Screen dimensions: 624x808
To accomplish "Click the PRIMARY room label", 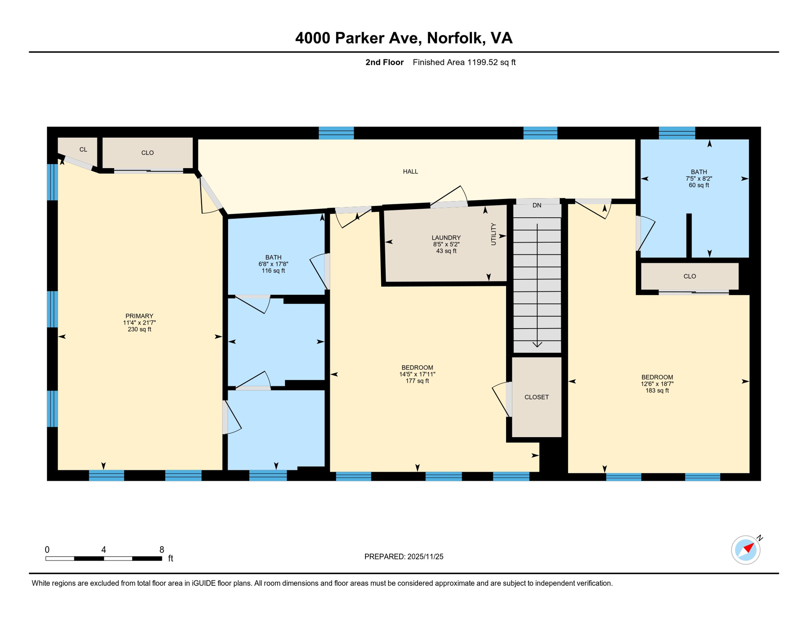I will click(x=139, y=316).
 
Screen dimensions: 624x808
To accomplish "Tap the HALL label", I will click(x=410, y=171).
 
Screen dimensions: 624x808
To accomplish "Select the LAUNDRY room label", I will click(x=446, y=238).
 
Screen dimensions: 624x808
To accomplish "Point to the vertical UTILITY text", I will click(x=493, y=234).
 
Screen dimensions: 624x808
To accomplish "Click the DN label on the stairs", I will click(x=536, y=206).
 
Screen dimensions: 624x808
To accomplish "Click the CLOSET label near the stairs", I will click(x=536, y=397).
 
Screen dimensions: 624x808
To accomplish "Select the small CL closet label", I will click(x=83, y=149).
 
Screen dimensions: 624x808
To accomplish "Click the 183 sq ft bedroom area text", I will click(x=657, y=391).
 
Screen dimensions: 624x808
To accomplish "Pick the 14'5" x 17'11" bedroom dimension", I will click(x=417, y=375).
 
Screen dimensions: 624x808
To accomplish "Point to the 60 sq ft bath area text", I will click(x=699, y=185).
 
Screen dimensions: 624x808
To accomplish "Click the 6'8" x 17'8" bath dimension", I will click(x=273, y=264).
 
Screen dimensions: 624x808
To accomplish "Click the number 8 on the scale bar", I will click(x=161, y=550).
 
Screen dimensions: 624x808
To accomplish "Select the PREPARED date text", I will click(x=403, y=557).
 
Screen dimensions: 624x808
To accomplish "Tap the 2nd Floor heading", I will click(x=384, y=62).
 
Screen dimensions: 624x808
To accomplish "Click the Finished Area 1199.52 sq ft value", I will click(x=464, y=62).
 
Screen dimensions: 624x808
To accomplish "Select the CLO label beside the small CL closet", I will click(x=147, y=153).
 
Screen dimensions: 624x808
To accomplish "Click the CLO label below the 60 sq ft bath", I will click(x=689, y=276).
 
